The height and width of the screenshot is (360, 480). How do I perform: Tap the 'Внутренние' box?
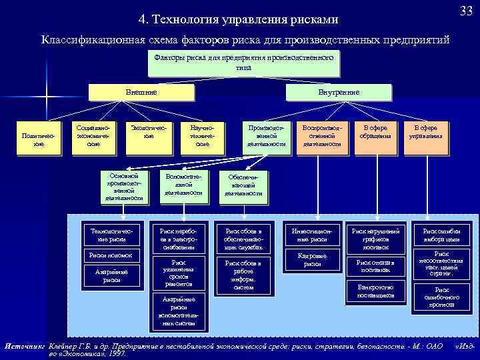(x=339, y=92)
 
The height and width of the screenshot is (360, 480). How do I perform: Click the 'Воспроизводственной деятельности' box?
(x=322, y=135)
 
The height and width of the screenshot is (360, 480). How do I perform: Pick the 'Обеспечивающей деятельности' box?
(x=243, y=185)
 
